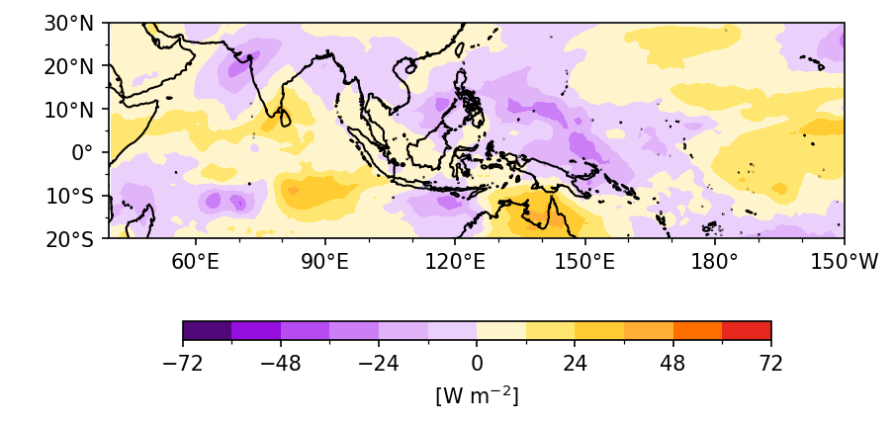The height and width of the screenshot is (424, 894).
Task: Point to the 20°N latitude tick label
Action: click(74, 66)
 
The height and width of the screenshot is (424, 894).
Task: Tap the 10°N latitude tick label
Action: click(74, 109)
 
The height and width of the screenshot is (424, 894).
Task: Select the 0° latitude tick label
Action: click(87, 152)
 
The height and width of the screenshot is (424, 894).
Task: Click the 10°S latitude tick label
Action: click(76, 195)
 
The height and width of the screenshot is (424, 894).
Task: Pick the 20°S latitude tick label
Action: click(76, 238)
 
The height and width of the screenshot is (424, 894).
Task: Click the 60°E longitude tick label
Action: click(195, 262)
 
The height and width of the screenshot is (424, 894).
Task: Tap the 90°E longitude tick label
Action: click(324, 262)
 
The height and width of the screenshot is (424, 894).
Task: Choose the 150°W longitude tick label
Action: click(843, 262)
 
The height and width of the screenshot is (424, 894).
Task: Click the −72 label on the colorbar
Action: click(183, 364)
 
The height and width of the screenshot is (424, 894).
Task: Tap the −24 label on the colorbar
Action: click(379, 364)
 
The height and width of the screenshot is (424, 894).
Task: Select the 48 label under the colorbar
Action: click(672, 364)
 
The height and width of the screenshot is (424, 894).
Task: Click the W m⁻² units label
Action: click(477, 395)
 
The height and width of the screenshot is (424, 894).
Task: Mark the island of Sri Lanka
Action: click(285, 118)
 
